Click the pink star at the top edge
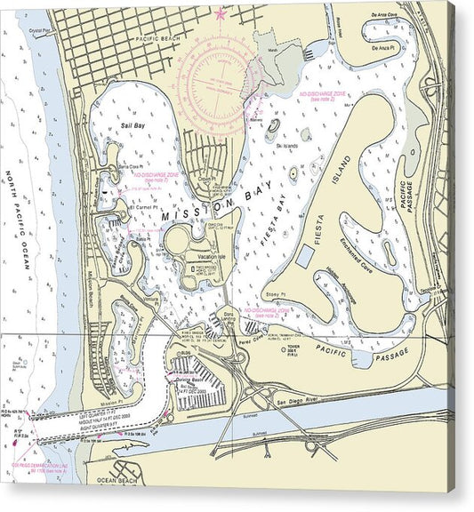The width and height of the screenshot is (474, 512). coord(221,13)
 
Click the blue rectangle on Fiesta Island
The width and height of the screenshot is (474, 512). coord(304,257)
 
